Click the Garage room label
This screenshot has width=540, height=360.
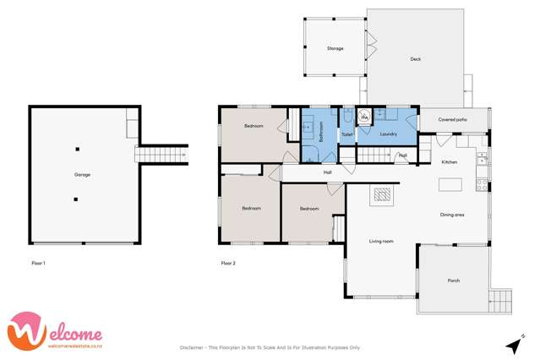pyautogui.click(x=82, y=175)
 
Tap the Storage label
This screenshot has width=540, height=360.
pyautogui.click(x=335, y=49)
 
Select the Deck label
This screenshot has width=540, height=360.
pyautogui.click(x=415, y=59)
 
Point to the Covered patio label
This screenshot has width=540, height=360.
pyautogui.click(x=452, y=120)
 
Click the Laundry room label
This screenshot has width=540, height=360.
pyautogui.click(x=389, y=134)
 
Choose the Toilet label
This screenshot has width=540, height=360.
pyautogui.click(x=346, y=134)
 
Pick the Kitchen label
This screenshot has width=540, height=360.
pyautogui.click(x=450, y=162)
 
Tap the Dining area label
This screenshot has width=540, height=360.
pyautogui.click(x=452, y=215)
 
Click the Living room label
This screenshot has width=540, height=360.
pyautogui.click(x=381, y=242)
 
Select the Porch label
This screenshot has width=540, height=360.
pyautogui.click(x=453, y=281)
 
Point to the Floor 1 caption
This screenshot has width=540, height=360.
pyautogui.click(x=37, y=264)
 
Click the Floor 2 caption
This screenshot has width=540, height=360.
pyautogui.click(x=228, y=264)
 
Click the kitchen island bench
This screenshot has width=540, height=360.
pyautogui.click(x=452, y=183)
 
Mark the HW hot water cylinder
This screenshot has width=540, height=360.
pyautogui.click(x=364, y=118)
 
